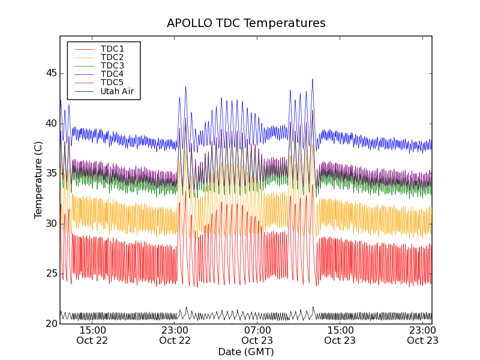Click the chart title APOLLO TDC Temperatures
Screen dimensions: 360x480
coord(246,23)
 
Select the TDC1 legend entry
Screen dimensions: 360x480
coord(112,49)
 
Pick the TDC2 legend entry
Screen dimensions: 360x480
coord(112,57)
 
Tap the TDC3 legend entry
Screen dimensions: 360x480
coord(112,65)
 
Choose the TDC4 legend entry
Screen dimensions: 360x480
coord(112,74)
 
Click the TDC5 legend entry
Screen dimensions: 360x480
coord(112,82)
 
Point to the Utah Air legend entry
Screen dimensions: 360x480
coord(117,92)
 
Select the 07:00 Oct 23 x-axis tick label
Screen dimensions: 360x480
coord(257,335)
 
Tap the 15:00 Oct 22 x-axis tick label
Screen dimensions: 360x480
coord(92,335)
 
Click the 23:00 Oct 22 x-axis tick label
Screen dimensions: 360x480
coord(175,335)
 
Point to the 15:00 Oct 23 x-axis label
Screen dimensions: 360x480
coord(340,335)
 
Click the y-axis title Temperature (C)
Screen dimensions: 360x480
coord(38,180)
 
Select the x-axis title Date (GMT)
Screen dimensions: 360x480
coord(246,352)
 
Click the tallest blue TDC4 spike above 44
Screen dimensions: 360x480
coord(312,80)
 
